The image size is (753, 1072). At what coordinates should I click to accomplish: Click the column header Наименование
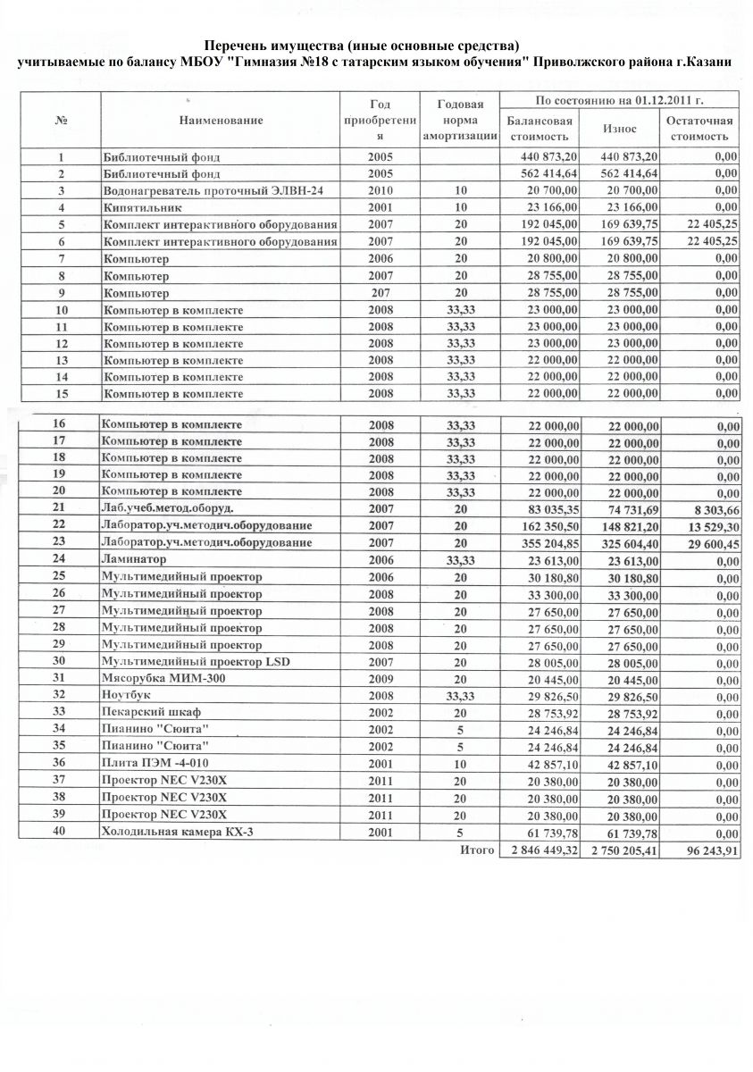point(220,120)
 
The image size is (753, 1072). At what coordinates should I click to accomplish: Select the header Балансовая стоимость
point(539,129)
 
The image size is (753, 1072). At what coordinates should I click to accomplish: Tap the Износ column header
point(619,129)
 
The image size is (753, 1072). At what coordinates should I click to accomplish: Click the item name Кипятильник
point(138,208)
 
